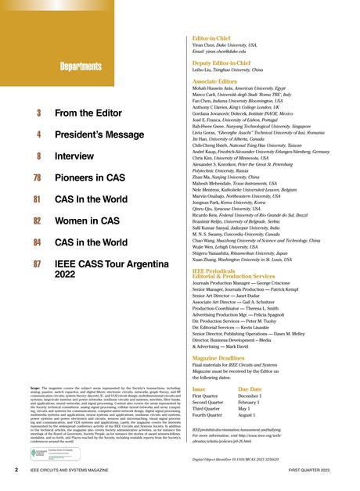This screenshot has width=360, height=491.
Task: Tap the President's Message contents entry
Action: (101, 134)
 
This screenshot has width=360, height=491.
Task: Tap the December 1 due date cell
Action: (266, 396)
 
